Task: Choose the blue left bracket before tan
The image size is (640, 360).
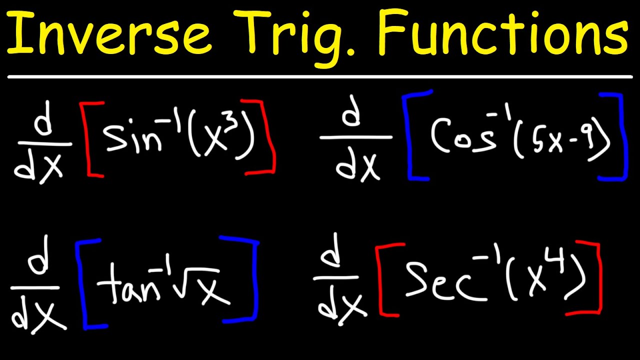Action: pos(82,285)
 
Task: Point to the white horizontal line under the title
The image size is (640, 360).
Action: pos(320,77)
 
